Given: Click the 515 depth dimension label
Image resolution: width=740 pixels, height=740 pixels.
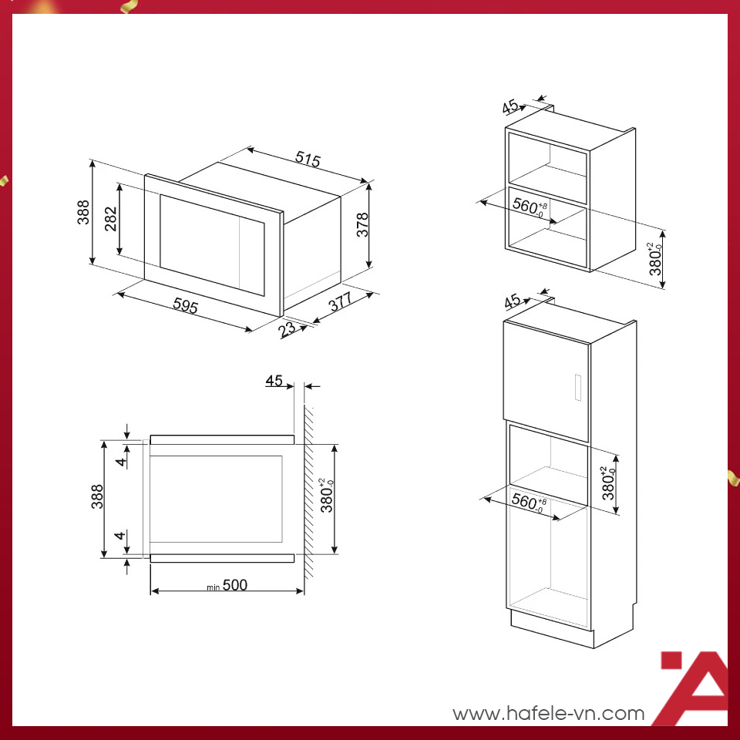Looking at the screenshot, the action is click(308, 159).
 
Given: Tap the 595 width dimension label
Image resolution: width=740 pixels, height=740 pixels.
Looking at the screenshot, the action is click(185, 305).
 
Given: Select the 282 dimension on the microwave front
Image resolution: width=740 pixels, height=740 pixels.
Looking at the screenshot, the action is click(111, 218).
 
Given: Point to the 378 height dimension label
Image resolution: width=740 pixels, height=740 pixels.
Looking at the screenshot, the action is click(362, 224).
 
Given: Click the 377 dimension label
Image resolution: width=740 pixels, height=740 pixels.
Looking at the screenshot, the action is click(340, 301).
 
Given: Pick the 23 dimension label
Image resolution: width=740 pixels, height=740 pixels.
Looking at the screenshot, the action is click(287, 329).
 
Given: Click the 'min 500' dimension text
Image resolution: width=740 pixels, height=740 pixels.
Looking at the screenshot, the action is click(227, 585).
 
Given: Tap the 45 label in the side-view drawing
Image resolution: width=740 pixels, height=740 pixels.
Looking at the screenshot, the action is click(274, 380).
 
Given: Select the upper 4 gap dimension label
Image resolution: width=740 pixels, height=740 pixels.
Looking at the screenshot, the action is click(122, 462).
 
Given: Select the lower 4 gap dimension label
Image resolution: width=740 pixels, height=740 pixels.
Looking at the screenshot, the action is click(120, 535).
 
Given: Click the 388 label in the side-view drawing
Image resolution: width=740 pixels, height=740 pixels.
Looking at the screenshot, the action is click(97, 496).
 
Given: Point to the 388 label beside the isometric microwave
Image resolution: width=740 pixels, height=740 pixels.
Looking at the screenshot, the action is click(83, 212).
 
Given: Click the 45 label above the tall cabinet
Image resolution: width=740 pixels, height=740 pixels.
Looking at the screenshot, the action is click(512, 301).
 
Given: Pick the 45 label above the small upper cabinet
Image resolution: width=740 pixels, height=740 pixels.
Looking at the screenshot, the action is click(510, 106).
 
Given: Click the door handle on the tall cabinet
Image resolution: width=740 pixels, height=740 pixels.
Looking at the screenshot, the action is click(577, 388).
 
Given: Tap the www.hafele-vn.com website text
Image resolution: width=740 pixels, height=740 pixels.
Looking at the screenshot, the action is click(549, 714).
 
